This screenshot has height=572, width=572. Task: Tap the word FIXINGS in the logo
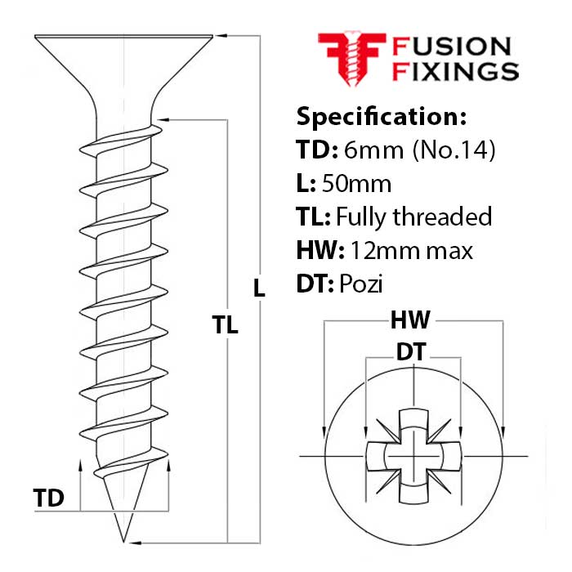(455, 71)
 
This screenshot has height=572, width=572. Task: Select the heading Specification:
(381, 116)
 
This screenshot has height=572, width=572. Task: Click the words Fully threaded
(414, 217)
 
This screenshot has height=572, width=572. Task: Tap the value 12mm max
(411, 250)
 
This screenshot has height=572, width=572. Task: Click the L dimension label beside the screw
(259, 288)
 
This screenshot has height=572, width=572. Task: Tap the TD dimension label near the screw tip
(49, 498)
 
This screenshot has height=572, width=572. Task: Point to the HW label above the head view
(410, 320)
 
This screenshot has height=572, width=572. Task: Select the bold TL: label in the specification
(314, 217)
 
